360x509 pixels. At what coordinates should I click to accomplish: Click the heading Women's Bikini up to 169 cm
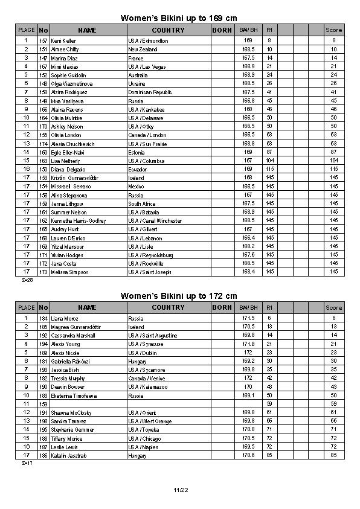coord(179,18)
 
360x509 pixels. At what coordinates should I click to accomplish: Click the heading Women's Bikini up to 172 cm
coord(179,296)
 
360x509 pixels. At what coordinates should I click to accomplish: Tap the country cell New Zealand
coord(143,49)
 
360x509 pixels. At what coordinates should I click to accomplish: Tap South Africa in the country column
coord(142,204)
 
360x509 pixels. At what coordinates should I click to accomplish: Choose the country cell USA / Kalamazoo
coord(147,386)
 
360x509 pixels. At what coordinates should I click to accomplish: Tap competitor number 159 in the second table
coord(43,404)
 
